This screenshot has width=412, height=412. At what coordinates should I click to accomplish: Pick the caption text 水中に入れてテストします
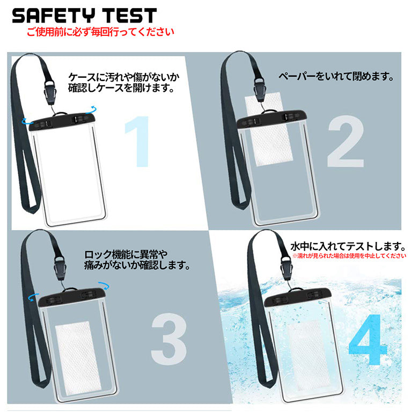(x=347, y=247)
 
